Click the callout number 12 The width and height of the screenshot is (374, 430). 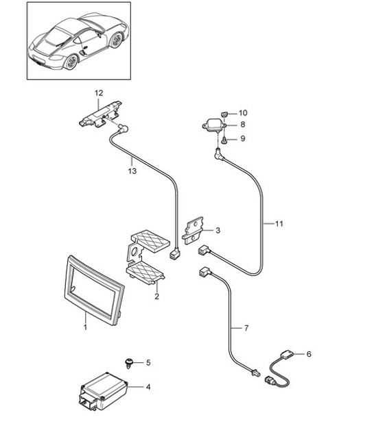point(98,92)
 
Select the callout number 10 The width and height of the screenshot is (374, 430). point(243,112)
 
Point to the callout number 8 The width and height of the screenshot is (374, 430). point(243,125)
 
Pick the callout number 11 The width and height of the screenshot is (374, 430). point(279,223)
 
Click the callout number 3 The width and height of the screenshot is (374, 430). point(218,230)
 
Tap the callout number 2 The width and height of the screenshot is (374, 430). point(156,296)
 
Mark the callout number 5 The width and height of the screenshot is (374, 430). point(148,362)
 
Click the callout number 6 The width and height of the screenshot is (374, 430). point(308,354)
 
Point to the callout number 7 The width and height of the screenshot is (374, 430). point(246,329)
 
